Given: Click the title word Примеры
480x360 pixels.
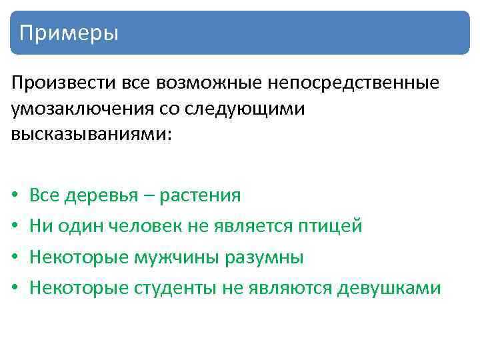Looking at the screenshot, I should [69, 33].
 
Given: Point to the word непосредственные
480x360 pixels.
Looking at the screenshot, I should [353, 84].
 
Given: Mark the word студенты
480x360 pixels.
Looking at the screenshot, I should [175, 288].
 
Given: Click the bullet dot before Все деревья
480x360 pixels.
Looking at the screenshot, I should [14, 196].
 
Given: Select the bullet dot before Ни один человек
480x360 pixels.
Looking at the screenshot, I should [14, 227].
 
